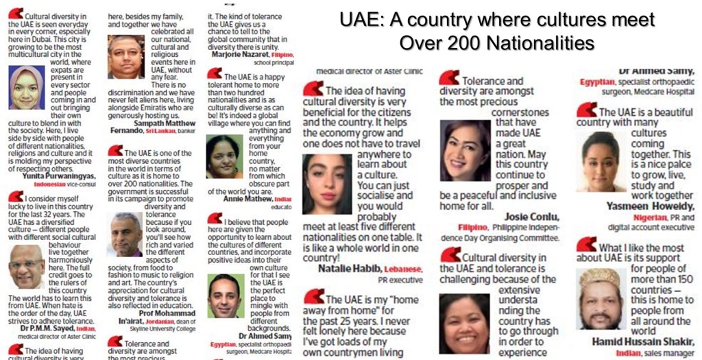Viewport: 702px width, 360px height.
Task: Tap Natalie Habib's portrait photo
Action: [326, 183]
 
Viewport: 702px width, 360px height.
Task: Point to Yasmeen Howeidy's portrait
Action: [600, 161]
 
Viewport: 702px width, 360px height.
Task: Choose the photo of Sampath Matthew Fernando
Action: [126, 57]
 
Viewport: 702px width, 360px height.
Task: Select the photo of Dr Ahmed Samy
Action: [225, 296]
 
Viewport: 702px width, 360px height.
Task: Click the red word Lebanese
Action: [402, 269]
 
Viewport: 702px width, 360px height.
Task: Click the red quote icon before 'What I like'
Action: [586, 243]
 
